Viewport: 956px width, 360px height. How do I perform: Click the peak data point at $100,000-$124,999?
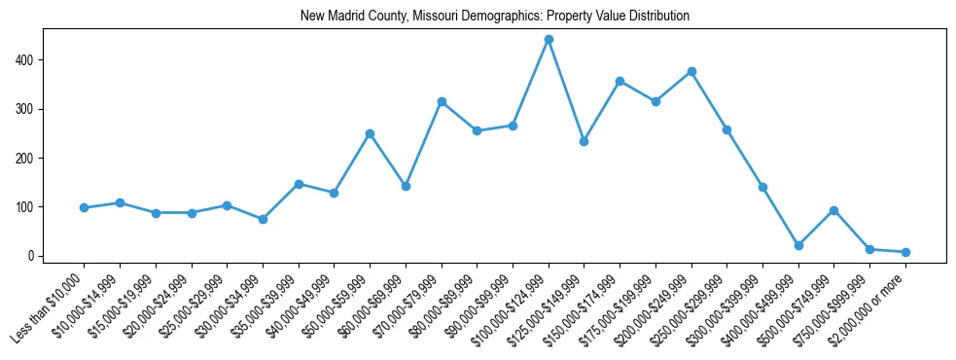click(x=549, y=39)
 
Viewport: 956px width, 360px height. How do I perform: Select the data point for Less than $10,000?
click(x=84, y=207)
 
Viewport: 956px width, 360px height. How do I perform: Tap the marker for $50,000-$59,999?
click(x=370, y=133)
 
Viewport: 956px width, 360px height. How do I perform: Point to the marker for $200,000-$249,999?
click(x=691, y=71)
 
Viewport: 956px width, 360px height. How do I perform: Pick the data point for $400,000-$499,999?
click(x=798, y=245)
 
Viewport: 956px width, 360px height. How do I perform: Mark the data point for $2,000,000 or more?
click(x=905, y=252)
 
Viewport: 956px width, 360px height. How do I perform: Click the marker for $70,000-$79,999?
click(x=442, y=101)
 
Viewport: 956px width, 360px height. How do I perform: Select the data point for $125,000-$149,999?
click(x=584, y=141)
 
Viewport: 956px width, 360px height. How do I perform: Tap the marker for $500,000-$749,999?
click(x=833, y=210)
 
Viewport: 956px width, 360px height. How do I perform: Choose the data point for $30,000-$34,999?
click(x=263, y=219)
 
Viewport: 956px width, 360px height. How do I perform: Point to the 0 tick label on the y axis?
click(x=32, y=257)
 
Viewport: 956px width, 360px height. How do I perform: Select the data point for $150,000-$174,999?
click(x=620, y=81)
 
